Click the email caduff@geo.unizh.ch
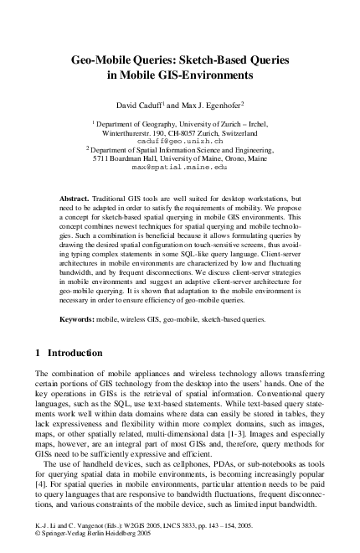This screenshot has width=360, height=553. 178,142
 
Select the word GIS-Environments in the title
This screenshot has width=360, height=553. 202,75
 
